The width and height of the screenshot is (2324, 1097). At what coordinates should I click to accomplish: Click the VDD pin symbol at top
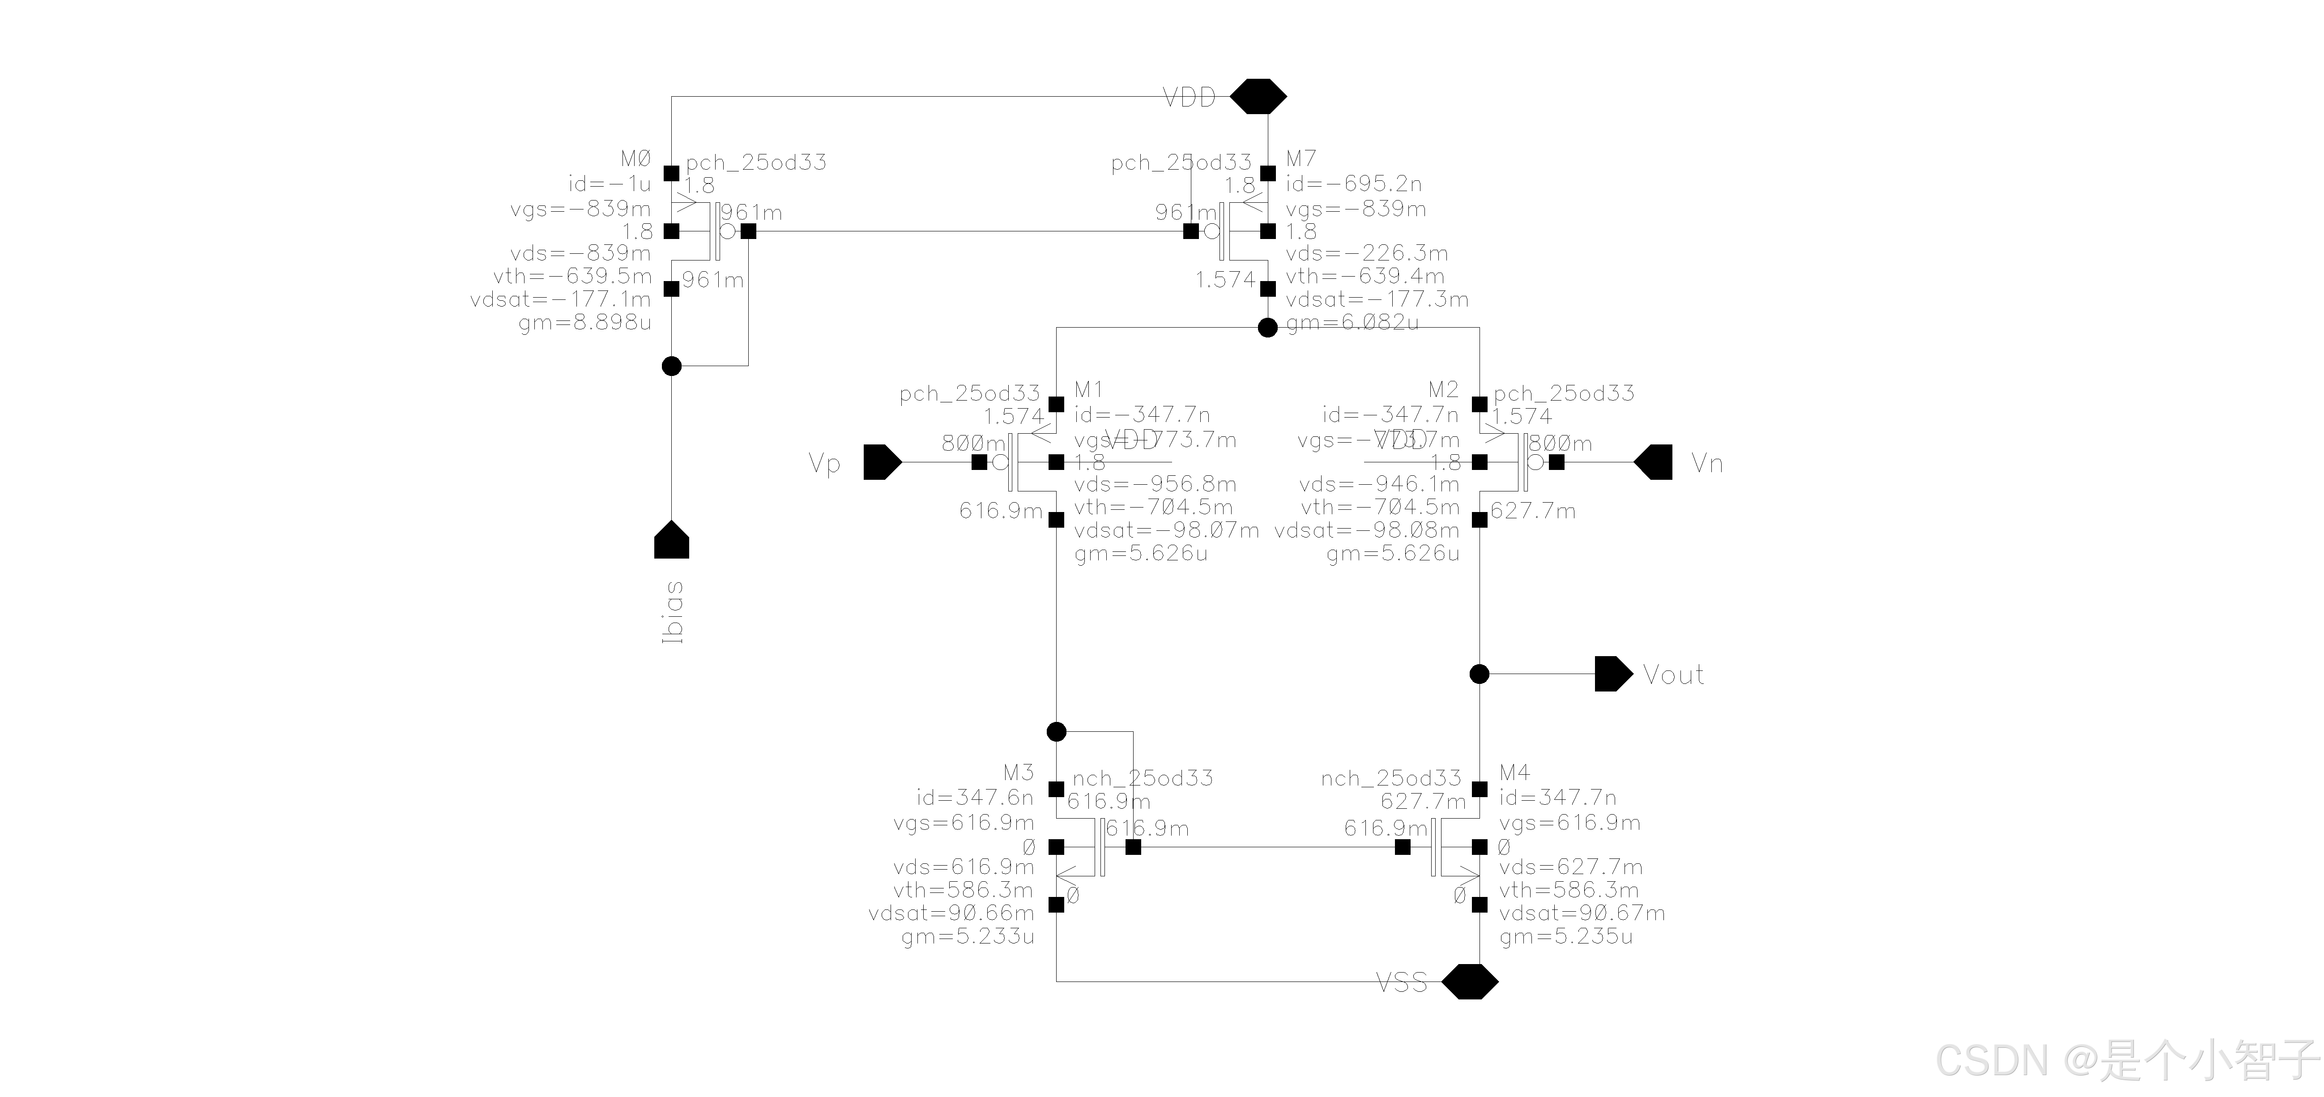click(1258, 96)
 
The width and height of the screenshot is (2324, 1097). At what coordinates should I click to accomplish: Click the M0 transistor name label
click(635, 160)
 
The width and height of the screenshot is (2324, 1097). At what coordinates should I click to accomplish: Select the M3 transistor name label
click(1019, 773)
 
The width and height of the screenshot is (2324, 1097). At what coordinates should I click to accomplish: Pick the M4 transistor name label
click(1515, 773)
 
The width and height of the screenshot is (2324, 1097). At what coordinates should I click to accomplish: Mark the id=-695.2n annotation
click(1353, 184)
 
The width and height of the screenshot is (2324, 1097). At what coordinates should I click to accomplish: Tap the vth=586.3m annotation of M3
click(964, 890)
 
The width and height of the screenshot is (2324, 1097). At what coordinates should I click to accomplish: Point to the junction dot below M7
click(1267, 328)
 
